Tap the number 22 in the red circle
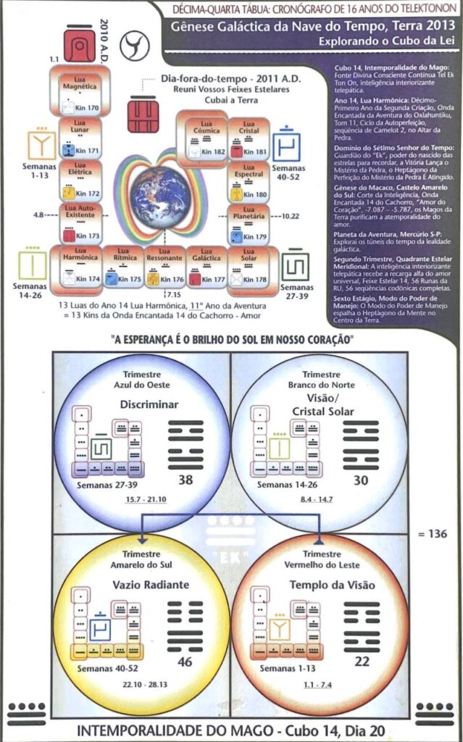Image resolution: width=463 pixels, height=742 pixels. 362,662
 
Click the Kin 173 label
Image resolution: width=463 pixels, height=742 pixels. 87,236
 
